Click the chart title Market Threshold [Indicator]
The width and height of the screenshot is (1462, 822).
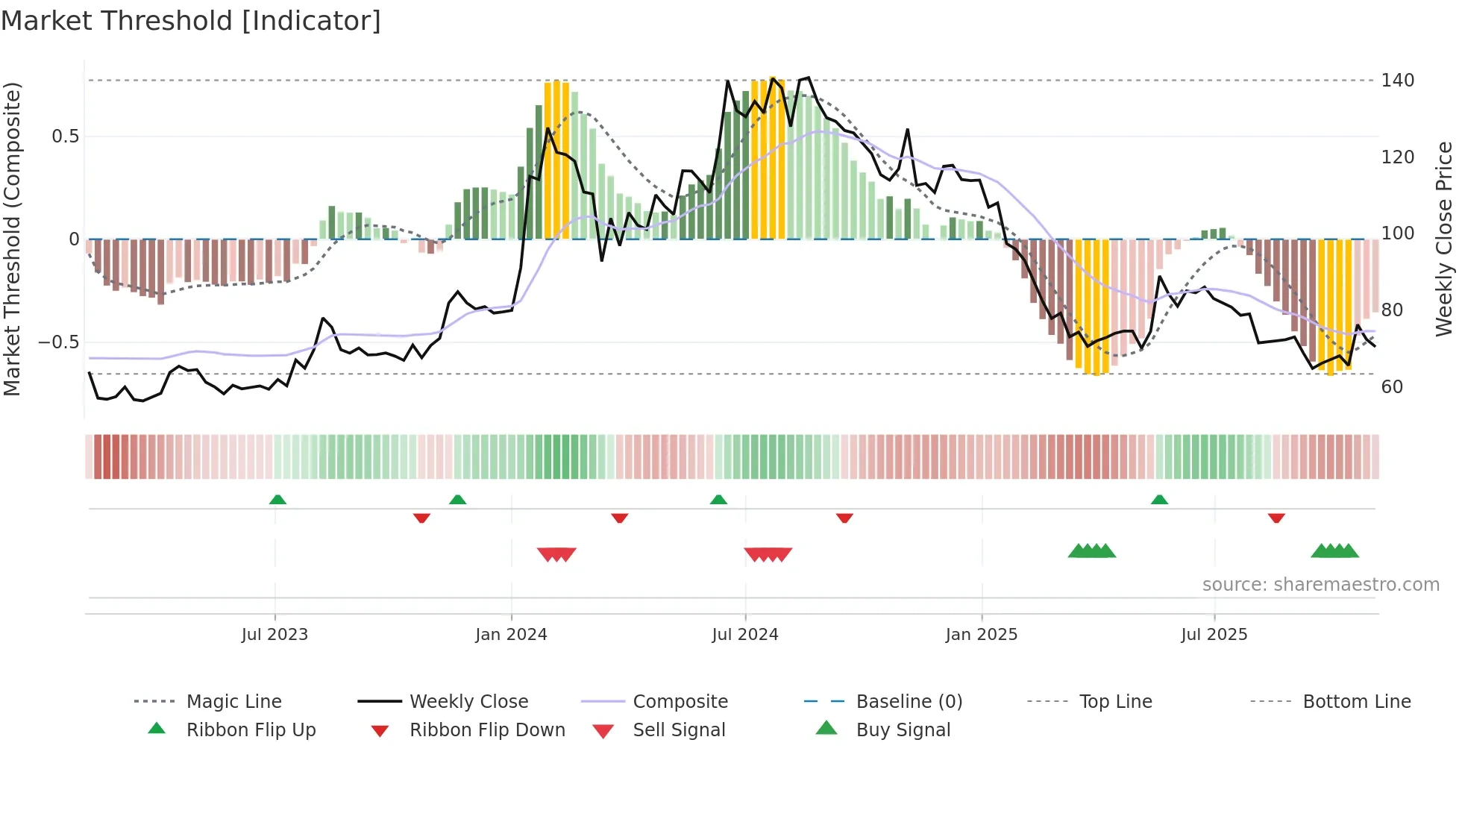pyautogui.click(x=191, y=21)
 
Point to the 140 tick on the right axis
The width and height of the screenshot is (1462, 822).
pyautogui.click(x=1397, y=81)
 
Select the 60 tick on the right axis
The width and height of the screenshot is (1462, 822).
pyautogui.click(x=1392, y=387)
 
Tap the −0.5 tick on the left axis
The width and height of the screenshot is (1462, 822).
pyautogui.click(x=59, y=342)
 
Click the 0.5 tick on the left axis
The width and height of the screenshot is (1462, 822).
pyautogui.click(x=65, y=137)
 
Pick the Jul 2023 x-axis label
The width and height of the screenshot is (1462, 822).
pyautogui.click(x=274, y=635)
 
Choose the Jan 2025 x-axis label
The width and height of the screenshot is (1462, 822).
pyautogui.click(x=981, y=635)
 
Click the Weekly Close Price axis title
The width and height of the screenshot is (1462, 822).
pyautogui.click(x=1444, y=239)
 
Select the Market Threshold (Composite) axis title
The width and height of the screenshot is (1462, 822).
pyautogui.click(x=12, y=239)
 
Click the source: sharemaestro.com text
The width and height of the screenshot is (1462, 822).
pyautogui.click(x=1320, y=585)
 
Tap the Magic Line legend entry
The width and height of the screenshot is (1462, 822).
pyautogui.click(x=233, y=702)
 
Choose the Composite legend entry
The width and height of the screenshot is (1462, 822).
pyautogui.click(x=680, y=702)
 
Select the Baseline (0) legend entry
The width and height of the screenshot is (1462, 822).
pyautogui.click(x=909, y=702)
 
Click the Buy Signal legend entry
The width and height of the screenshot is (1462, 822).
pyautogui.click(x=903, y=730)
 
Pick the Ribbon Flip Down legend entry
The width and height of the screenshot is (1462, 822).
pyautogui.click(x=486, y=730)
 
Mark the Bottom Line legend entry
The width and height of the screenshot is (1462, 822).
pyautogui.click(x=1356, y=702)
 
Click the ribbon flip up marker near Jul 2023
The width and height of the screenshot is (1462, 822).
pyautogui.click(x=277, y=500)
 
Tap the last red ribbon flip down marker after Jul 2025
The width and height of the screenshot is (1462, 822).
pyautogui.click(x=1276, y=518)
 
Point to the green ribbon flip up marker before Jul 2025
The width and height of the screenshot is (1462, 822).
pyautogui.click(x=1159, y=500)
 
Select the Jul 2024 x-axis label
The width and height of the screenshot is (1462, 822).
pyautogui.click(x=744, y=635)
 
